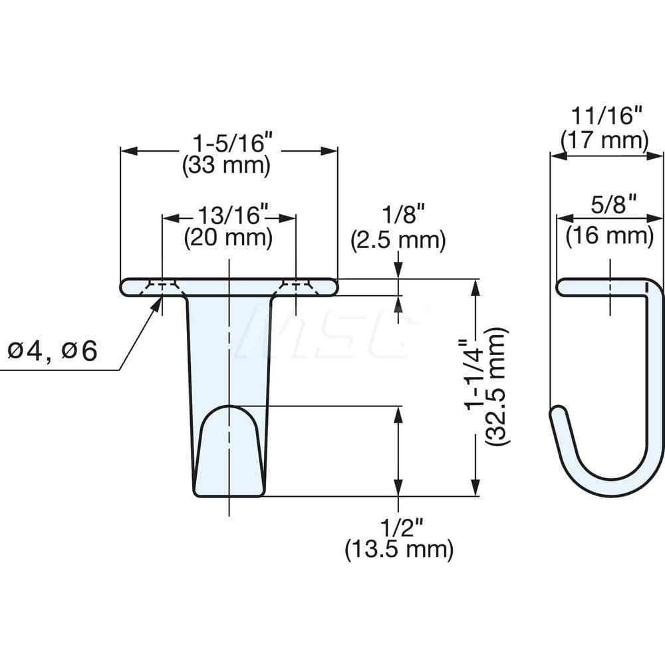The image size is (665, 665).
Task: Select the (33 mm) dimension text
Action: tap(226, 166)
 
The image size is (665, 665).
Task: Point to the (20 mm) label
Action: tap(228, 238)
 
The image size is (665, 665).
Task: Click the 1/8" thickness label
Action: tap(398, 216)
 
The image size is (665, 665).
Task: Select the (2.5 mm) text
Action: tap(398, 239)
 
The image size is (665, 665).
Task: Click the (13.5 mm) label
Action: tap(398, 550)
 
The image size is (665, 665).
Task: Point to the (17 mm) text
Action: tap(605, 140)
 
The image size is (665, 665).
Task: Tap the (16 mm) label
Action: tap(609, 235)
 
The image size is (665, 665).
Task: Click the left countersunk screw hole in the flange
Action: tap(162, 287)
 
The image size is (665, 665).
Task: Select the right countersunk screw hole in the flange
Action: tap(295, 287)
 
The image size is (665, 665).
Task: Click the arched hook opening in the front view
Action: tap(229, 446)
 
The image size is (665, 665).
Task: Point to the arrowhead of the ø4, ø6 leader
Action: tap(160, 300)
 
